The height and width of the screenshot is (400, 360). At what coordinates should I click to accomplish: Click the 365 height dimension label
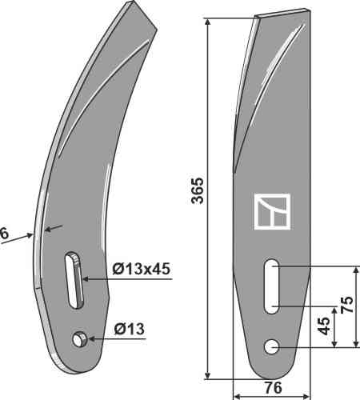coord(198,190)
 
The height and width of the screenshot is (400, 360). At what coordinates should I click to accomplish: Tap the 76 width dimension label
coord(273,387)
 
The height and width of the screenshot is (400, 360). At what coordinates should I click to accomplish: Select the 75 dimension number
coord(346,304)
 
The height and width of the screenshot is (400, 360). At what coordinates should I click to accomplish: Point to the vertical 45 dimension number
coord(324,326)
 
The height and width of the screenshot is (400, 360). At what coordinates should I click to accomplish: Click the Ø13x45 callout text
coord(141,269)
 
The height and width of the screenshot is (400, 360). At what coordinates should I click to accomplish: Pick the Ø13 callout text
coord(129,329)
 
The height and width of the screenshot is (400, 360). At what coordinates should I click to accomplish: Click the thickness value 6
coord(4,234)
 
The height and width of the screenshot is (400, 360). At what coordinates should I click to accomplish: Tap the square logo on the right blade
coord(272,211)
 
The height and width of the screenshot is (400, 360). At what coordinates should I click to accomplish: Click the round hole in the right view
coord(271,347)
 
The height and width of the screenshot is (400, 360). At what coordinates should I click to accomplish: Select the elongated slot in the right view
coord(271,286)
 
